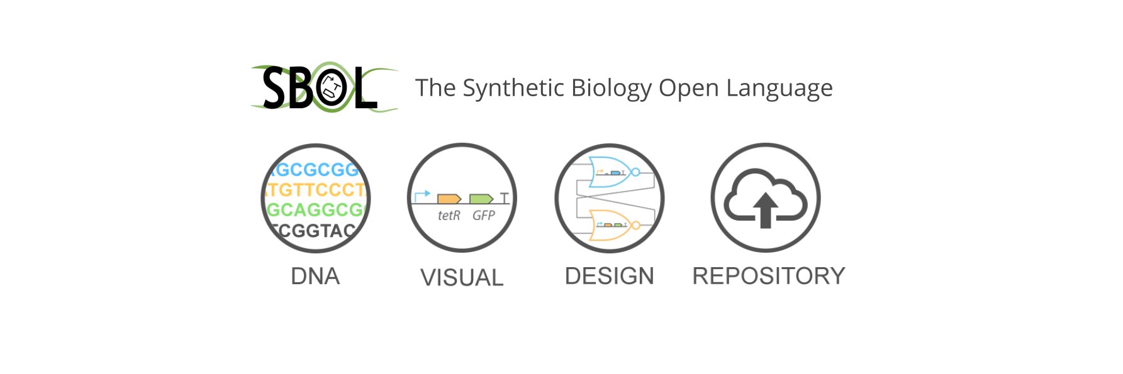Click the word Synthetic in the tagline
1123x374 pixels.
pos(513,88)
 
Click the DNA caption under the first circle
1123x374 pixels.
pos(315,276)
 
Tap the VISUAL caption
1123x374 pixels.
pos(462,277)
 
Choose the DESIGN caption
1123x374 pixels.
pos(609,276)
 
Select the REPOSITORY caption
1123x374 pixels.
pos(768,276)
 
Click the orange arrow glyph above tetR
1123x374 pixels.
pos(449,199)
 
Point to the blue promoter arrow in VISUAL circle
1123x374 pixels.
pos(421,195)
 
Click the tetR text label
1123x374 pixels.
pos(449,216)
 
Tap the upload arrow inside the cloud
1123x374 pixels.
pos(766,210)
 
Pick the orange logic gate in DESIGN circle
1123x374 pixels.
pos(608,225)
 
